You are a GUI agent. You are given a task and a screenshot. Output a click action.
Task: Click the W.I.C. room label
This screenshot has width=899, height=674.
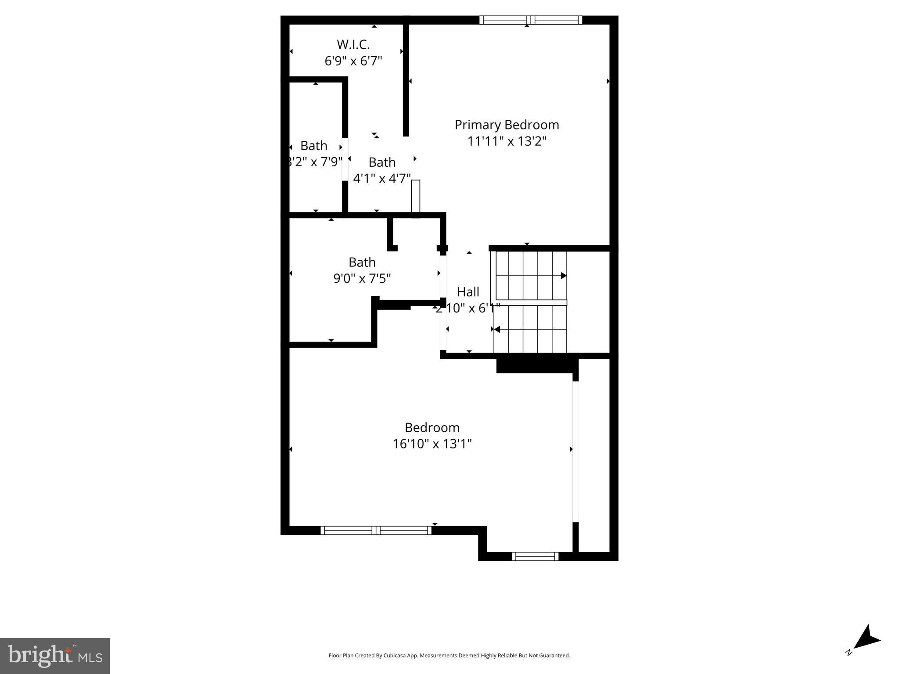tap(353, 44)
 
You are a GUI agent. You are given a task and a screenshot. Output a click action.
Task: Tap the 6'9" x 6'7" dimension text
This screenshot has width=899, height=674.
tap(353, 61)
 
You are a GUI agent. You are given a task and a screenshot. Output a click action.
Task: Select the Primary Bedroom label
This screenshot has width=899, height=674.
tap(507, 125)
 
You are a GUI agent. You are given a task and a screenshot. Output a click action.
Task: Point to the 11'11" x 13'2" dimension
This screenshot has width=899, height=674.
tap(507, 141)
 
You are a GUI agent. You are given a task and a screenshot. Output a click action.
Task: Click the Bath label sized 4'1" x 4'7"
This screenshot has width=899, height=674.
tap(382, 162)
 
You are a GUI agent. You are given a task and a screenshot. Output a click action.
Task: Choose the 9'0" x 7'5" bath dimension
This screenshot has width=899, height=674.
tap(362, 279)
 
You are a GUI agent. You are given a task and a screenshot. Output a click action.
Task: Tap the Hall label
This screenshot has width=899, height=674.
tap(468, 292)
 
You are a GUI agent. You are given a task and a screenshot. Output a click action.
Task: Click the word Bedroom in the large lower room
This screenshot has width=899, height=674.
tap(432, 427)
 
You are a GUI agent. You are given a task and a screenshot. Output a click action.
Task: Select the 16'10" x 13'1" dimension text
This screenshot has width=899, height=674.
tap(432, 444)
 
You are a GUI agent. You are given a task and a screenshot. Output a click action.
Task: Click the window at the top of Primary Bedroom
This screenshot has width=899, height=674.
tap(531, 20)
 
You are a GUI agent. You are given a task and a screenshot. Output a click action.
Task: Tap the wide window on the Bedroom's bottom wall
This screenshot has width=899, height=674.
tap(376, 530)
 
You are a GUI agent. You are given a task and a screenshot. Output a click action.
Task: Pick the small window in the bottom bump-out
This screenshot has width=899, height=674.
tap(535, 556)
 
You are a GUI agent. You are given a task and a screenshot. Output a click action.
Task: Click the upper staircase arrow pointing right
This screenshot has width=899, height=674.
tap(563, 276)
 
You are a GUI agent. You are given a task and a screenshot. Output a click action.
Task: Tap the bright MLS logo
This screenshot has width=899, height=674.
tap(54, 656)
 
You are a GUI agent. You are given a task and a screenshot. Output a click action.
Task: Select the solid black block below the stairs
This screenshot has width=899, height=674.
tap(534, 365)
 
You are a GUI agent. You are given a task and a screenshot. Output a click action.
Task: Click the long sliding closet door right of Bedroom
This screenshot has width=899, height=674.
tap(575, 452)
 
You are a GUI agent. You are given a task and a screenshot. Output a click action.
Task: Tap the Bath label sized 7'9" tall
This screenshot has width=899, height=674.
tap(314, 146)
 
